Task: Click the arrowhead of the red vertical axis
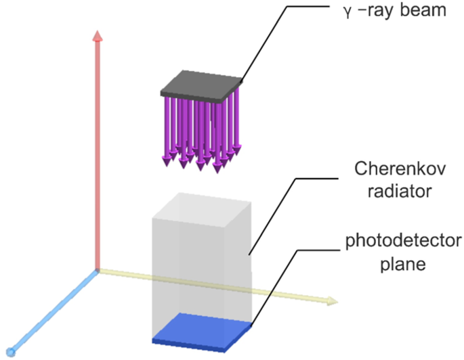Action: pyautogui.click(x=99, y=37)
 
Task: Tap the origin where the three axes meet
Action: pyautogui.click(x=99, y=271)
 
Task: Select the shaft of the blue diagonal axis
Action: pyautogui.click(x=54, y=311)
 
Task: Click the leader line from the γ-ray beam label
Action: pyautogui.click(x=271, y=41)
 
